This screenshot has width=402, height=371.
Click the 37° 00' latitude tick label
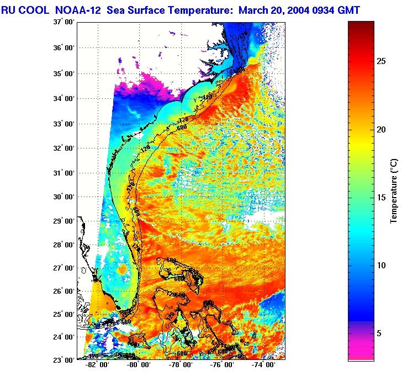pyautogui.click(x=64, y=22)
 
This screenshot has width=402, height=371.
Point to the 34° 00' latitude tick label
pyautogui.click(x=64, y=99)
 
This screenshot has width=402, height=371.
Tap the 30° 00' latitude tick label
pyautogui.click(x=64, y=197)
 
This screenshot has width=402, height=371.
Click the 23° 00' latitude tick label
pyautogui.click(x=64, y=359)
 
